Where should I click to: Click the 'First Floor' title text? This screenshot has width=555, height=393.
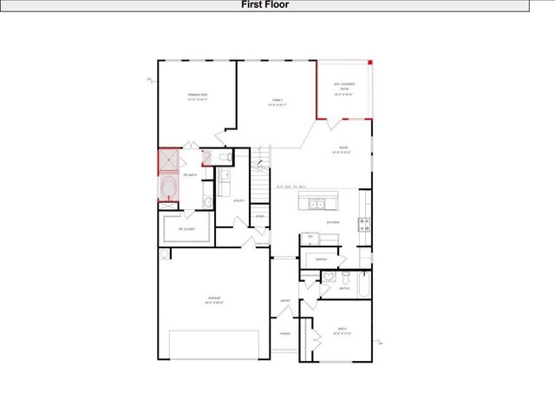pyautogui.click(x=265, y=5)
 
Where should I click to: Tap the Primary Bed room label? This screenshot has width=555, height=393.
pyautogui.click(x=199, y=97)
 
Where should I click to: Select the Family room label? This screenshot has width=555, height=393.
pyautogui.click(x=277, y=103)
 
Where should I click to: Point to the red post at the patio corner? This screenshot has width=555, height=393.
pyautogui.click(x=370, y=62)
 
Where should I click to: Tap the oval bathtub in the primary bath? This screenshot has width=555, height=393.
pyautogui.click(x=168, y=189)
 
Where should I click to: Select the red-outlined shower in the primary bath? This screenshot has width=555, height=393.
pyautogui.click(x=167, y=162)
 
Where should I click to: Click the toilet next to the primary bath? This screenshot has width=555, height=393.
pyautogui.click(x=223, y=157)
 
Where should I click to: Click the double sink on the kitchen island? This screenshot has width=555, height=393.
pyautogui.click(x=317, y=205)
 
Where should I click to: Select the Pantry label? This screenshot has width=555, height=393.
pyautogui.click(x=320, y=259)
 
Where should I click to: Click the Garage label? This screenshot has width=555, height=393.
pyautogui.click(x=213, y=300)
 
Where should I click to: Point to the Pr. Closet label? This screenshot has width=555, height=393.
pyautogui.click(x=187, y=229)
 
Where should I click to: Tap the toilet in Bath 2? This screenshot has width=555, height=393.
pyautogui.click(x=344, y=278)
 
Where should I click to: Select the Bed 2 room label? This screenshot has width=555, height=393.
pyautogui.click(x=342, y=330)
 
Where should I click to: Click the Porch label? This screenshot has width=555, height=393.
pyautogui.click(x=284, y=333)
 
